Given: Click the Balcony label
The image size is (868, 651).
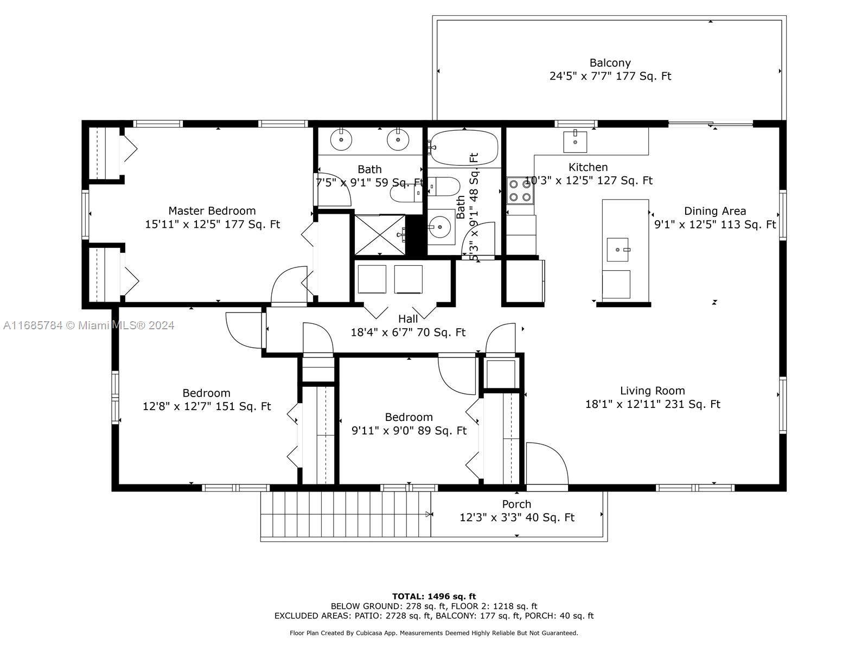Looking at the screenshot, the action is pos(610,63).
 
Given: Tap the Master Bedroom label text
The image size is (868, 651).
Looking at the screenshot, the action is pos(212,210).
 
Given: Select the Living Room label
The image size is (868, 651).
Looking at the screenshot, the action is pos(653,391).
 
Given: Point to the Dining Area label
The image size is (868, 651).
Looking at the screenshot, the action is pos(715,211).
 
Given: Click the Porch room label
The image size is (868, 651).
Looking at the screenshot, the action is pos(516,505).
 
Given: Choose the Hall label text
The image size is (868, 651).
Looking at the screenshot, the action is pos(408,318).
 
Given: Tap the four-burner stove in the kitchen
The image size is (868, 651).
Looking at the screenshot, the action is pos(520,190).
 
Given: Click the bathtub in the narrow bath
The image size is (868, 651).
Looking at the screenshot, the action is pos(463,147).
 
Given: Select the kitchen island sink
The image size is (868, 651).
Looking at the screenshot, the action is pos(618,250).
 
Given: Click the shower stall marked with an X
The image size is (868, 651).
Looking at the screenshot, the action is pos(380,235).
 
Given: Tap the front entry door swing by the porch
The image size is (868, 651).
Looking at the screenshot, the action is pos(547,463).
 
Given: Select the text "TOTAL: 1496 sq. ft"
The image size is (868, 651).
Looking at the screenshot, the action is pos(434,596).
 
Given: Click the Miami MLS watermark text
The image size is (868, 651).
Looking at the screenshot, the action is pos(88,325).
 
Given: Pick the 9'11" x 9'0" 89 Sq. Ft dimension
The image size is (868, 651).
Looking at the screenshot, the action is pos(409,430).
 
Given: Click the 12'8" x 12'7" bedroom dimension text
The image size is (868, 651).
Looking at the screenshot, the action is pos(207,406).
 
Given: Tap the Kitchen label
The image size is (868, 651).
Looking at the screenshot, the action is pos(588,167).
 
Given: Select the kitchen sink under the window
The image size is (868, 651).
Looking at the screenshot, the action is pos(575,142).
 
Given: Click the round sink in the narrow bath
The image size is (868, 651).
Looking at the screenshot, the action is pos(440,227).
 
